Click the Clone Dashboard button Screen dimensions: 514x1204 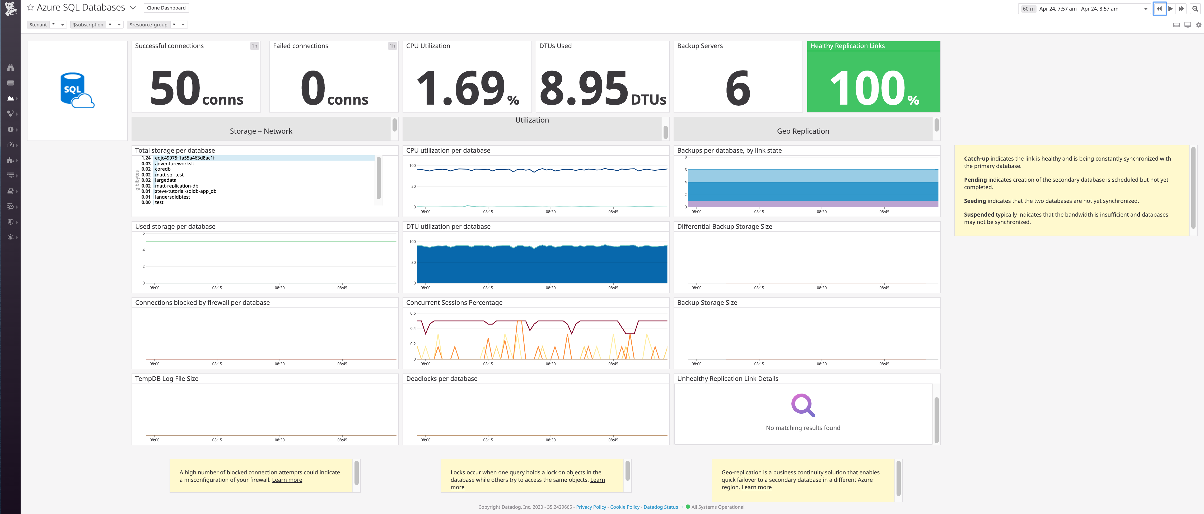(166, 8)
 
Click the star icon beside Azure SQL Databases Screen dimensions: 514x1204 (30, 7)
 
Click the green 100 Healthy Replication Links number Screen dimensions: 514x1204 (867, 88)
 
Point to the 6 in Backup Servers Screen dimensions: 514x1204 (738, 88)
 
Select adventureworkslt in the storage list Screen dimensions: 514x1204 (174, 163)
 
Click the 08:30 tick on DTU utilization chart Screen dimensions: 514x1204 (550, 288)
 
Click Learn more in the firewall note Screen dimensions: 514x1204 (287, 480)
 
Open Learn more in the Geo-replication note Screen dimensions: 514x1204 (756, 487)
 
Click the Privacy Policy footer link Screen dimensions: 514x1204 (591, 507)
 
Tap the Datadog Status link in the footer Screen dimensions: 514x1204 (660, 507)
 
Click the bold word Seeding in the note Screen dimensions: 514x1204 (974, 201)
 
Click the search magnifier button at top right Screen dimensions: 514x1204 (1195, 8)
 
